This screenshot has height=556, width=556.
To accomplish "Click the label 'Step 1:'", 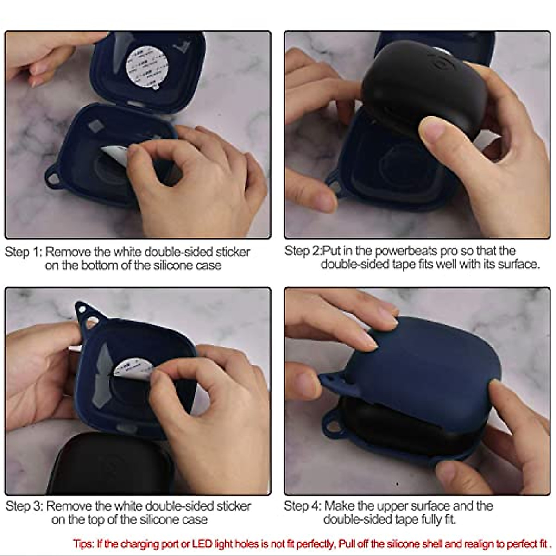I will pyautogui.click(x=23, y=252).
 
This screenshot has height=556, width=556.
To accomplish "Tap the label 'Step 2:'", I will pyautogui.click(x=303, y=251).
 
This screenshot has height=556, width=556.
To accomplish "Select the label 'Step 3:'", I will pyautogui.click(x=24, y=506).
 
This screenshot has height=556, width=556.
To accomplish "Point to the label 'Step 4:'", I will pyautogui.click(x=303, y=506).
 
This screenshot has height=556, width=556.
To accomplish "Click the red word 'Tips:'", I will pyautogui.click(x=83, y=543).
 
